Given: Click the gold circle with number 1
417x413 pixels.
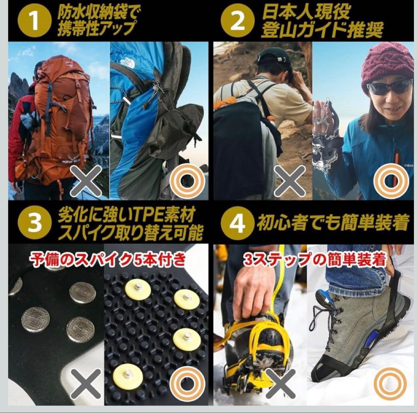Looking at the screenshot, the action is click(x=34, y=22).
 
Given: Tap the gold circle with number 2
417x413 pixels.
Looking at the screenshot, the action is click(x=237, y=22).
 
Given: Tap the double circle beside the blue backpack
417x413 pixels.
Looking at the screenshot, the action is click(x=188, y=181).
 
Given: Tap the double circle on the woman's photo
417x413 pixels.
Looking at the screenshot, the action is click(x=390, y=181).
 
